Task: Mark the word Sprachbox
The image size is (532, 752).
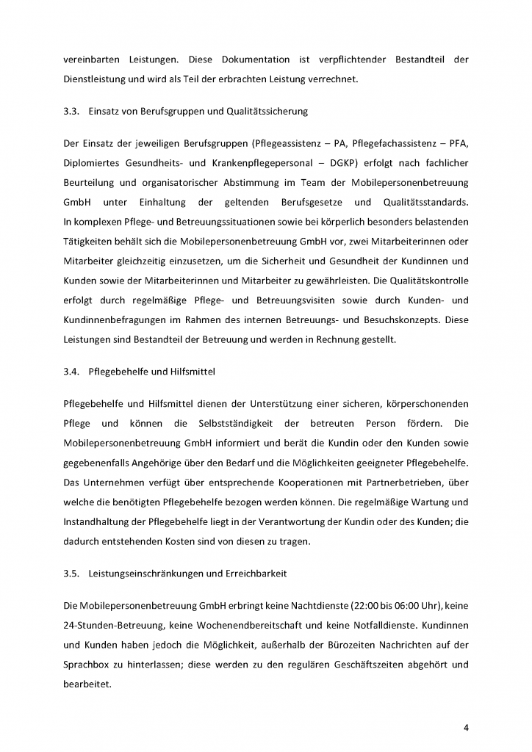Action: [88, 664]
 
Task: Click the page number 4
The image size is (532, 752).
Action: [466, 728]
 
